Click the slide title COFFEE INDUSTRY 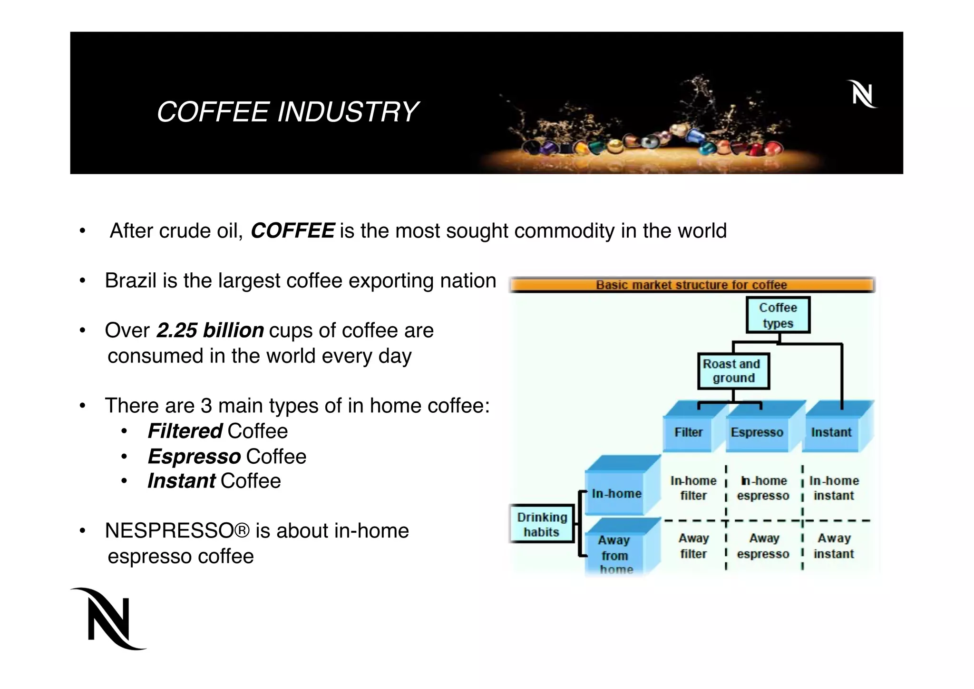click(x=287, y=112)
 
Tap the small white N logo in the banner click(x=862, y=94)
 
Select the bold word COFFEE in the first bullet click(x=292, y=231)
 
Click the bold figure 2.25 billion click(x=210, y=330)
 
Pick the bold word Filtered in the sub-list click(x=185, y=431)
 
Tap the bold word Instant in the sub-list click(x=182, y=481)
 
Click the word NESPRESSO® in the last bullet click(x=177, y=531)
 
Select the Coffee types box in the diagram click(x=778, y=315)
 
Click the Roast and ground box click(x=733, y=371)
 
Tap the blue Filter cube click(x=688, y=432)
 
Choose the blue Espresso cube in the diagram click(x=757, y=432)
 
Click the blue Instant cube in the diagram click(x=831, y=432)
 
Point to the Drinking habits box click(x=542, y=524)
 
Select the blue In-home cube click(x=616, y=493)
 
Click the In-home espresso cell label click(x=763, y=488)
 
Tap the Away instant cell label click(x=834, y=546)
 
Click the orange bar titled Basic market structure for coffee click(x=692, y=285)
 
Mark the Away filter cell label click(x=693, y=546)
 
